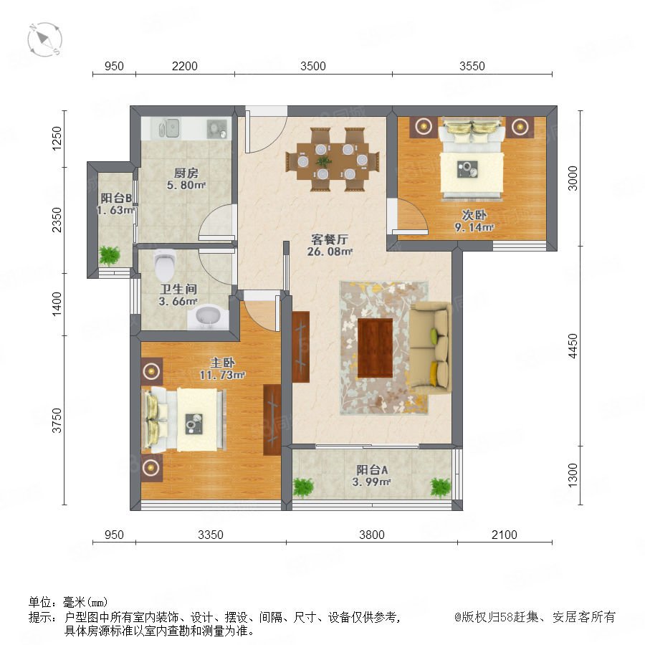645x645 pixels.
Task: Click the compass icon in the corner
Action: [45, 40]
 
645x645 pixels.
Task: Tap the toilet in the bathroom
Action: [165, 264]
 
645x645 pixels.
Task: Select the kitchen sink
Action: [168, 128]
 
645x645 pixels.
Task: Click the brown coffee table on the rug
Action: [375, 348]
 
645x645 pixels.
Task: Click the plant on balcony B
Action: [110, 255]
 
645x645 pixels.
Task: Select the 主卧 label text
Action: [223, 363]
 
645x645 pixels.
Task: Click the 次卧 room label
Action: [474, 215]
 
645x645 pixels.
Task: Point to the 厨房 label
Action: [186, 173]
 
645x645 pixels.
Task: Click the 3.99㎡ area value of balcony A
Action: [371, 482]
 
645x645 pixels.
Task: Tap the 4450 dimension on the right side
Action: [573, 346]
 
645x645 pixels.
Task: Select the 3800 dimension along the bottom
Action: [372, 535]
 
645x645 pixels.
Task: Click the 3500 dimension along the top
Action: [313, 66]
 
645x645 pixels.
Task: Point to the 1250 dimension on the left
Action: [57, 138]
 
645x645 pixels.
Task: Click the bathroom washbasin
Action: [209, 317]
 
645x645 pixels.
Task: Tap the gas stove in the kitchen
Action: [216, 128]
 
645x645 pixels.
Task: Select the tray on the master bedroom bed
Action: [193, 424]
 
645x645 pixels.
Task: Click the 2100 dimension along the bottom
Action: [505, 535]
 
